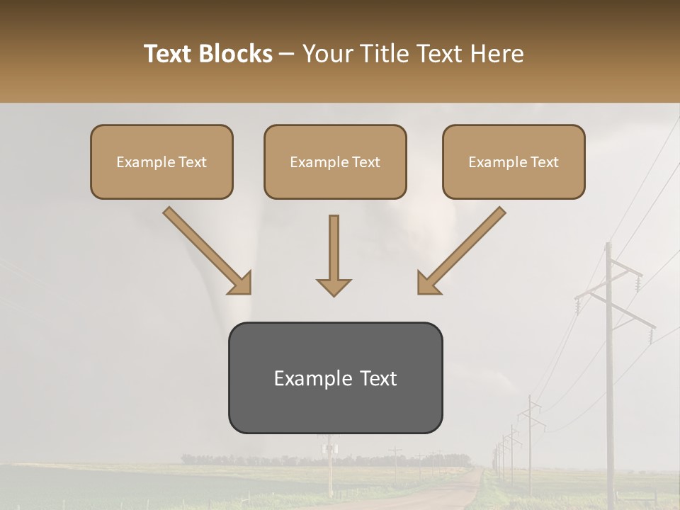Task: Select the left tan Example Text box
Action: pyautogui.click(x=161, y=161)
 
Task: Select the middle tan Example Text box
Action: pyautogui.click(x=335, y=161)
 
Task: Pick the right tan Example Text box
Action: pyautogui.click(x=514, y=161)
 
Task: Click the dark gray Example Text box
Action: pyautogui.click(x=335, y=378)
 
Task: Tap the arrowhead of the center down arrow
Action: pyautogui.click(x=334, y=287)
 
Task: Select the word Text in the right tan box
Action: pyautogui.click(x=544, y=161)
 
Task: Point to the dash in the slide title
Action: pyautogui.click(x=287, y=54)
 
